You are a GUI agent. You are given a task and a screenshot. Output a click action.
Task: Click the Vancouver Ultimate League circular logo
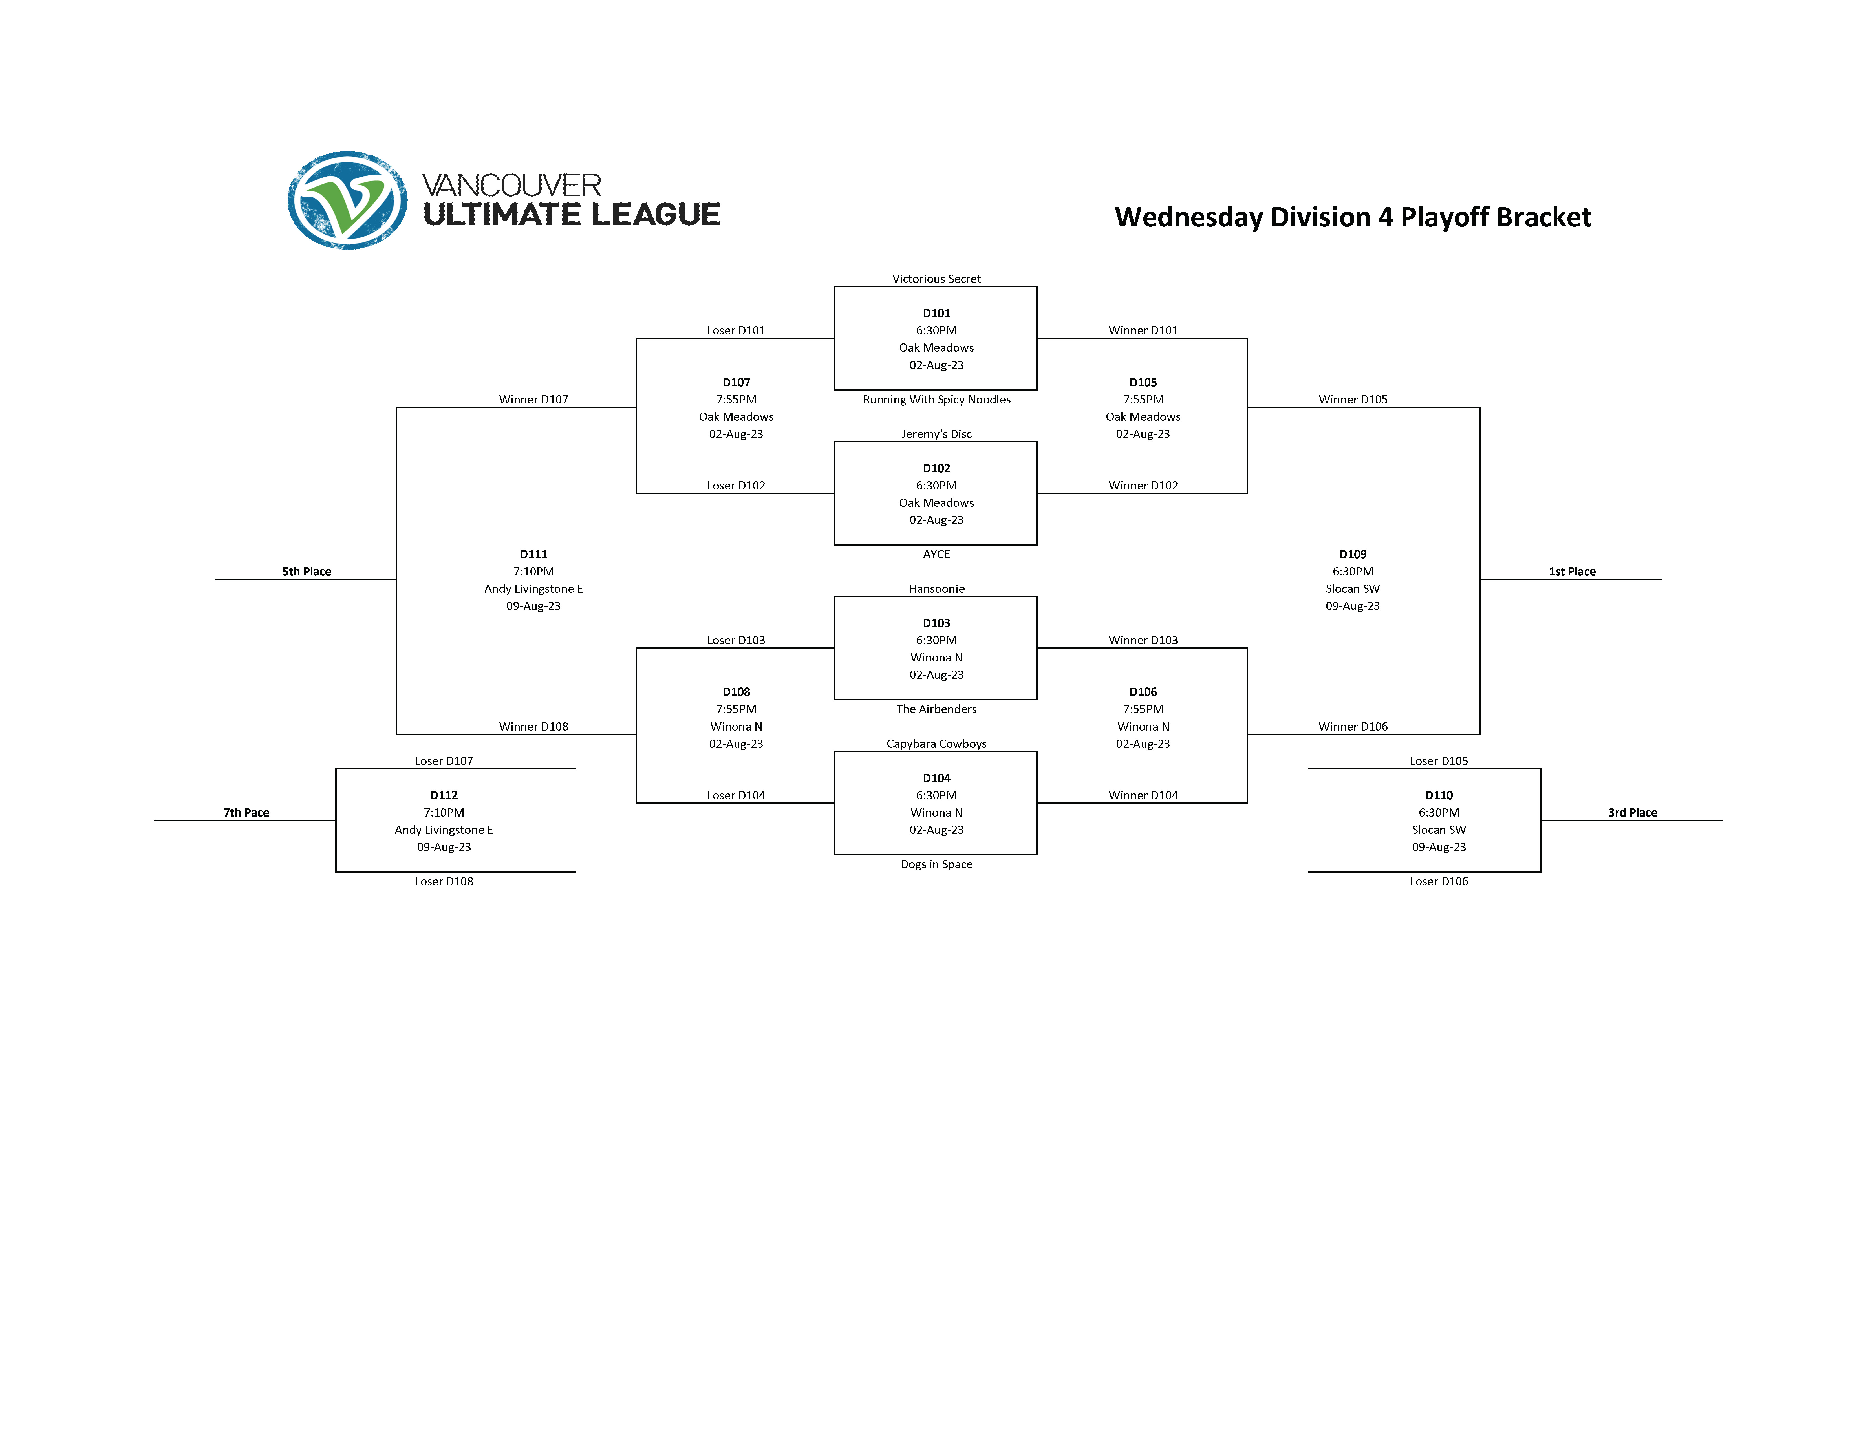click(347, 200)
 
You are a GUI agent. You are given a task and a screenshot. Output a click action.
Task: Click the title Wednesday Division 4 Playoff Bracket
click(1352, 217)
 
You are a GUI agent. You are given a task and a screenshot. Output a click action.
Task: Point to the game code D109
click(1352, 555)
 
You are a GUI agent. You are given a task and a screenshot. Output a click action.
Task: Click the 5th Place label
click(307, 572)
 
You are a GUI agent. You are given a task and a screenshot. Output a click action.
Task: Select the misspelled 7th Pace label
click(246, 813)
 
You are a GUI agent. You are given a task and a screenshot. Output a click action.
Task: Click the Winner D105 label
click(1352, 400)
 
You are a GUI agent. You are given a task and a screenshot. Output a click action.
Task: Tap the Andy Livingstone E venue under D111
click(533, 589)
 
